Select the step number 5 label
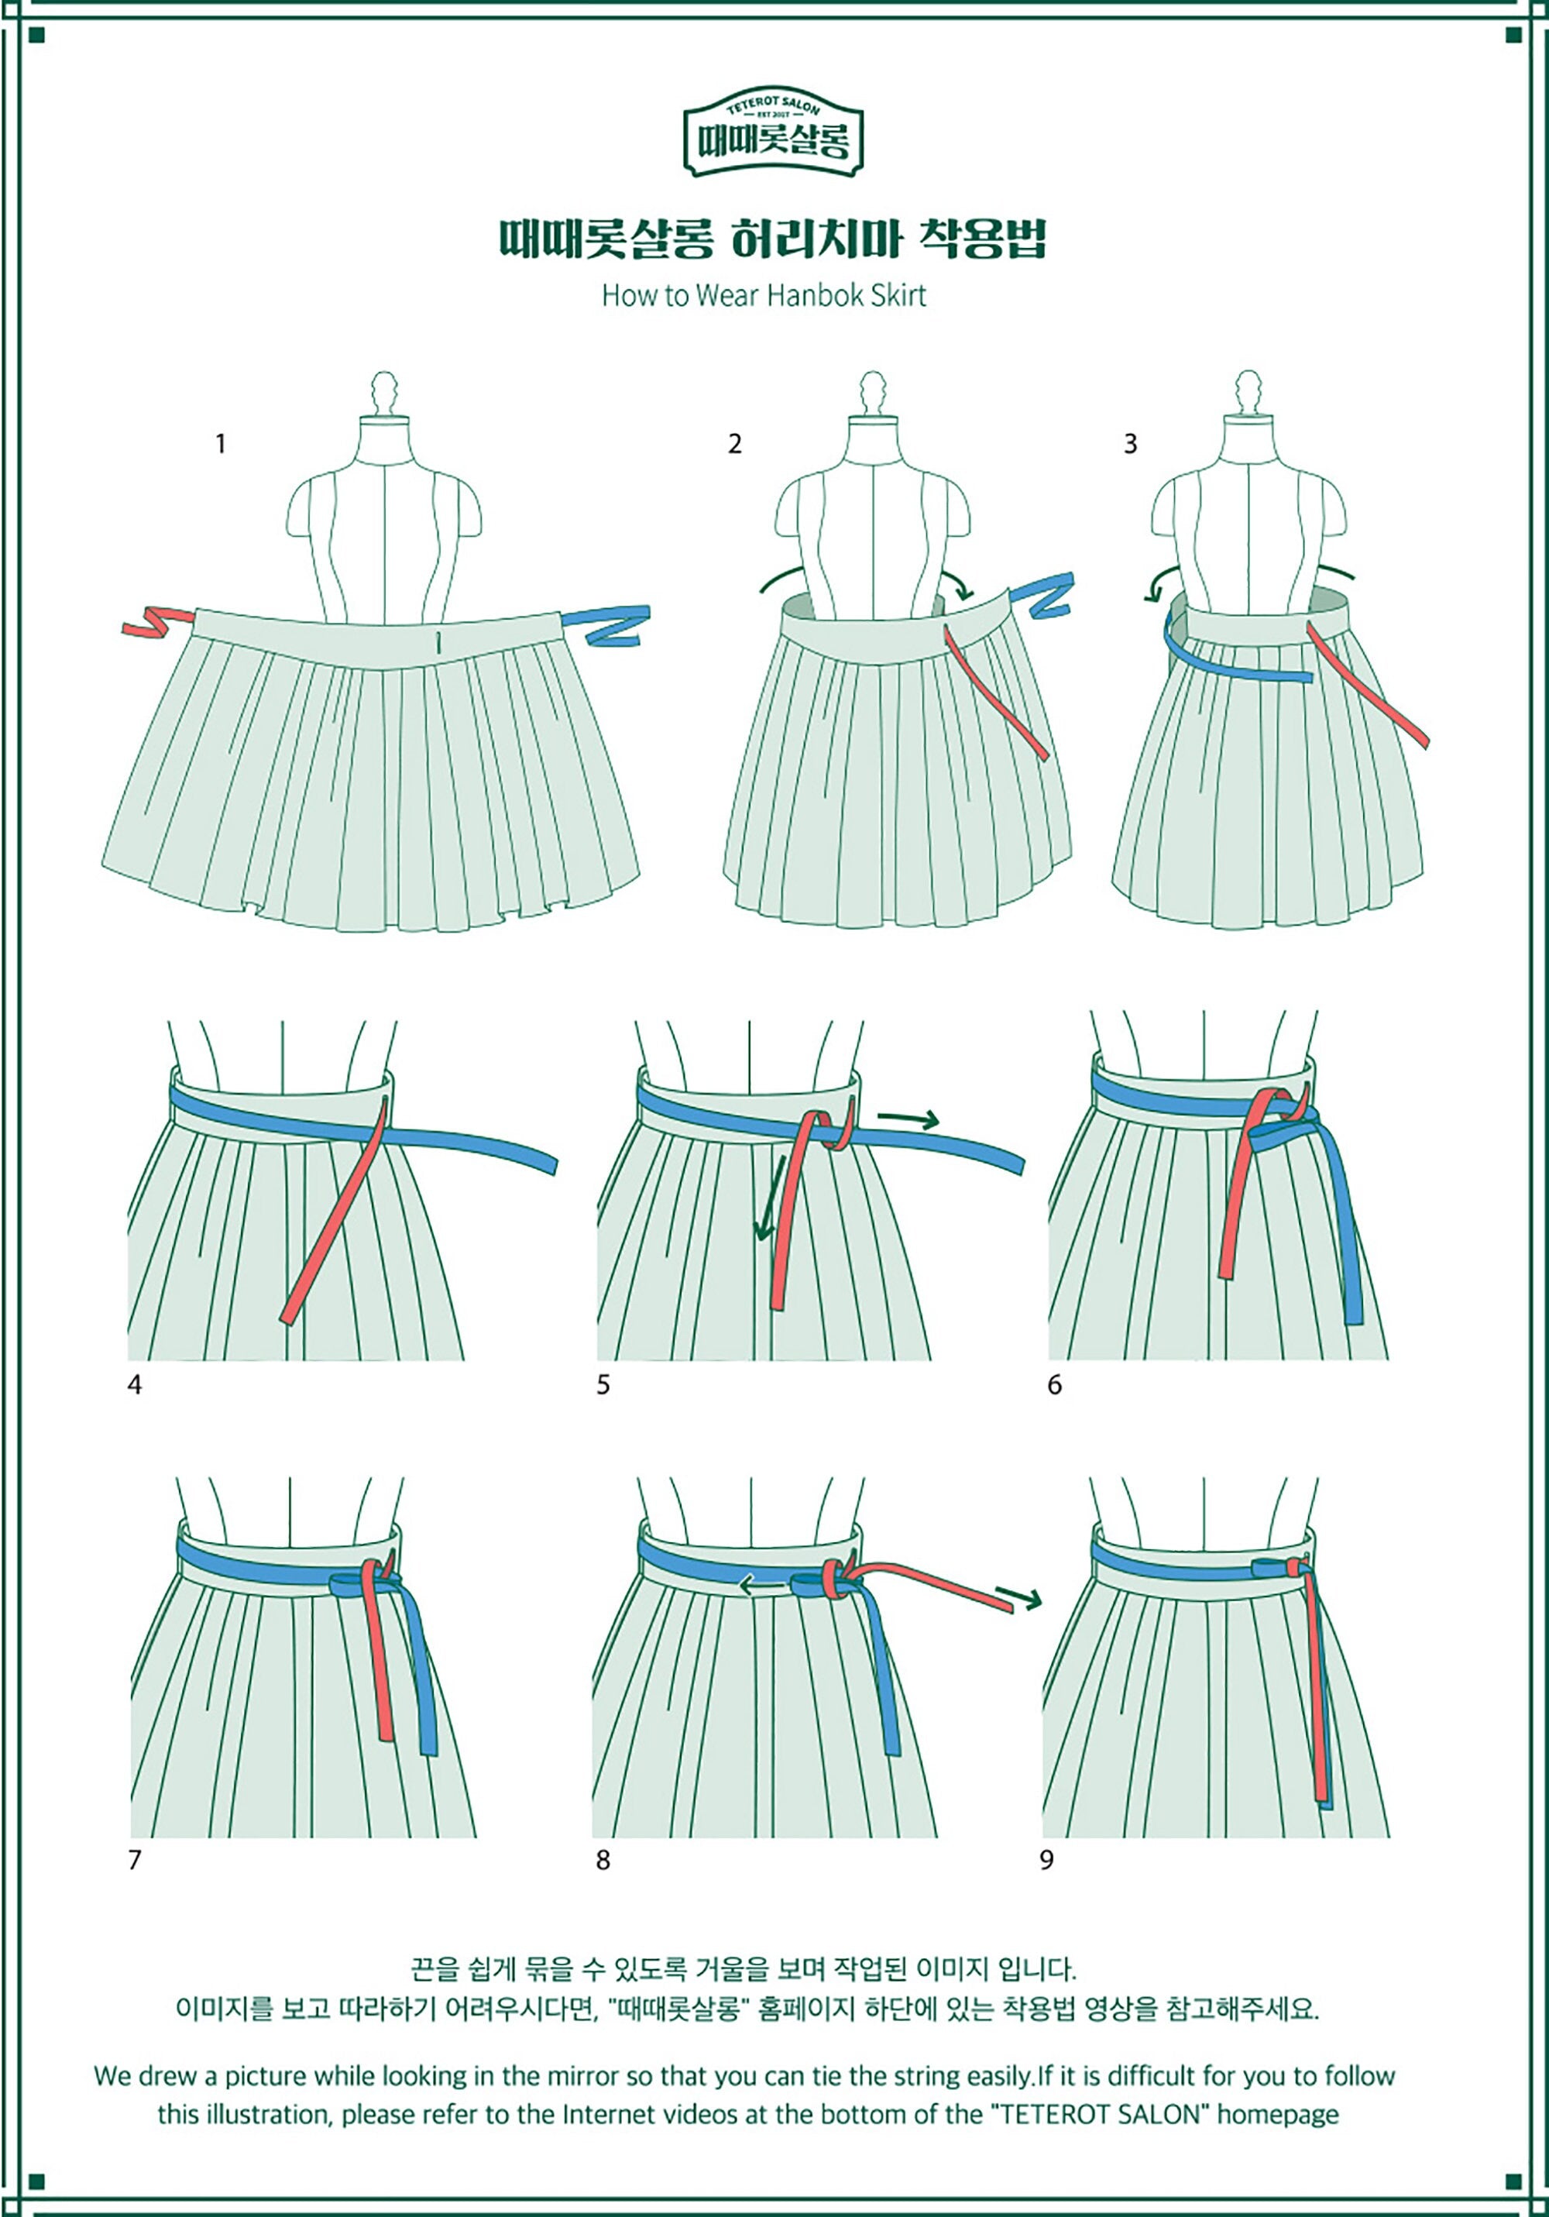coord(603,1385)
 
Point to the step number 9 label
coord(1047,1860)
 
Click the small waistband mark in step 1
coord(438,641)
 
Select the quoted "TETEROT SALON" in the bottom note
coord(1098,2115)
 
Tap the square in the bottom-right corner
coord(1513,2181)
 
